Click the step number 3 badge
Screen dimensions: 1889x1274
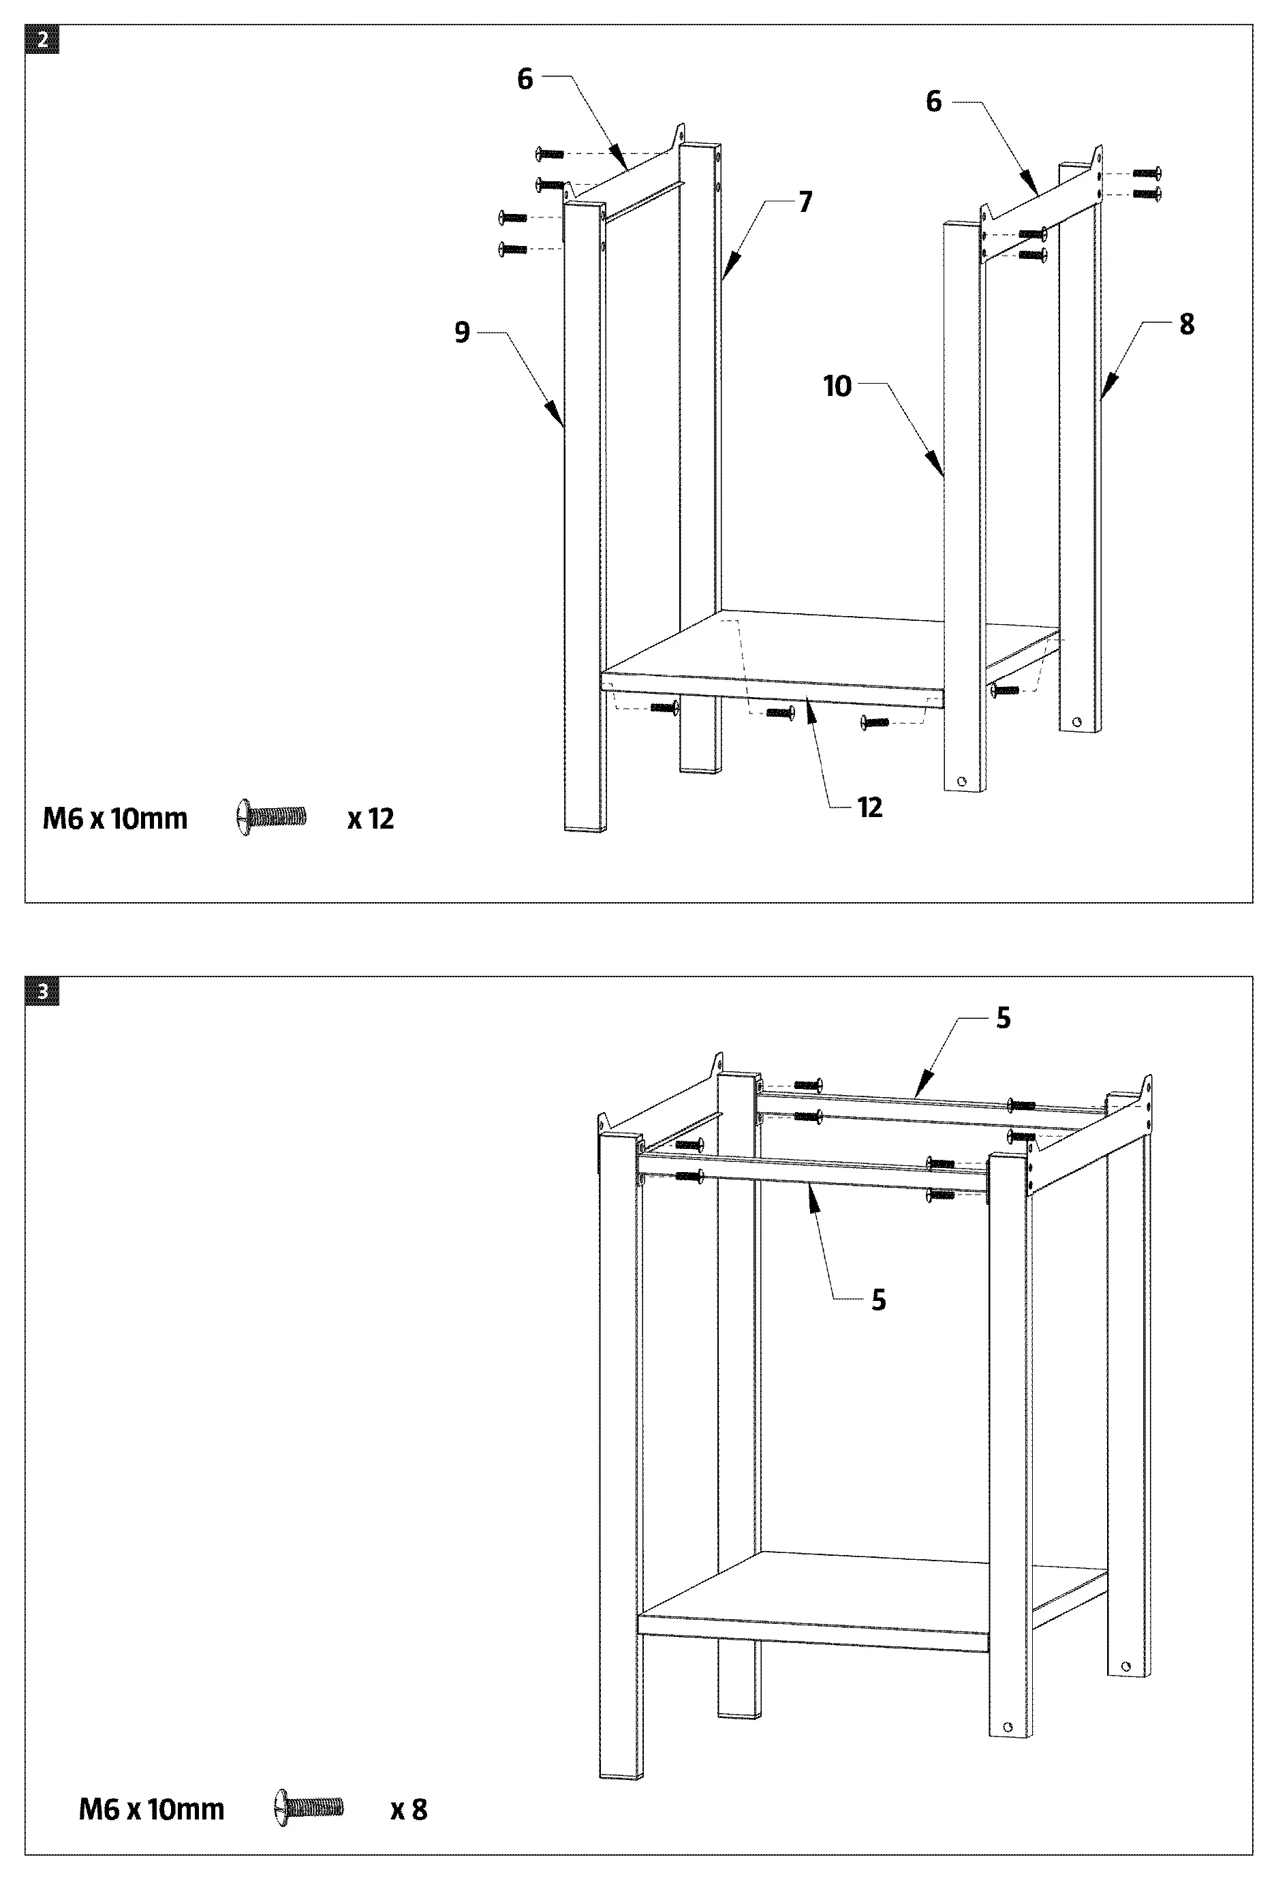tap(42, 992)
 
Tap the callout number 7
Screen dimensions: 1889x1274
tap(805, 202)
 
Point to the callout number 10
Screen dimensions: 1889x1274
tap(837, 386)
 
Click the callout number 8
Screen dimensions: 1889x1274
tap(1186, 324)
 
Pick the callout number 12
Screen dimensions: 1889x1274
tap(869, 808)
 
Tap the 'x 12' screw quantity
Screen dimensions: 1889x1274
tap(371, 819)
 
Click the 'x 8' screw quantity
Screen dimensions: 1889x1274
tap(409, 1809)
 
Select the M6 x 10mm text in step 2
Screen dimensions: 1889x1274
tap(114, 819)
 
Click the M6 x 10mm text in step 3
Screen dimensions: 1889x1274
tap(151, 1809)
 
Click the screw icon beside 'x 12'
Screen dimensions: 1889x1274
tap(271, 816)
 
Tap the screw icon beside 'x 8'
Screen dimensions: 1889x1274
tap(309, 1807)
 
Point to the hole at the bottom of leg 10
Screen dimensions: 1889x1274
tap(962, 782)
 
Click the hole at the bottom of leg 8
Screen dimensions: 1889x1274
tap(1077, 721)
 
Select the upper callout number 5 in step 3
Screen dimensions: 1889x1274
tap(1004, 1019)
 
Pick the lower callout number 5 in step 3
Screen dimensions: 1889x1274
tap(878, 1300)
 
